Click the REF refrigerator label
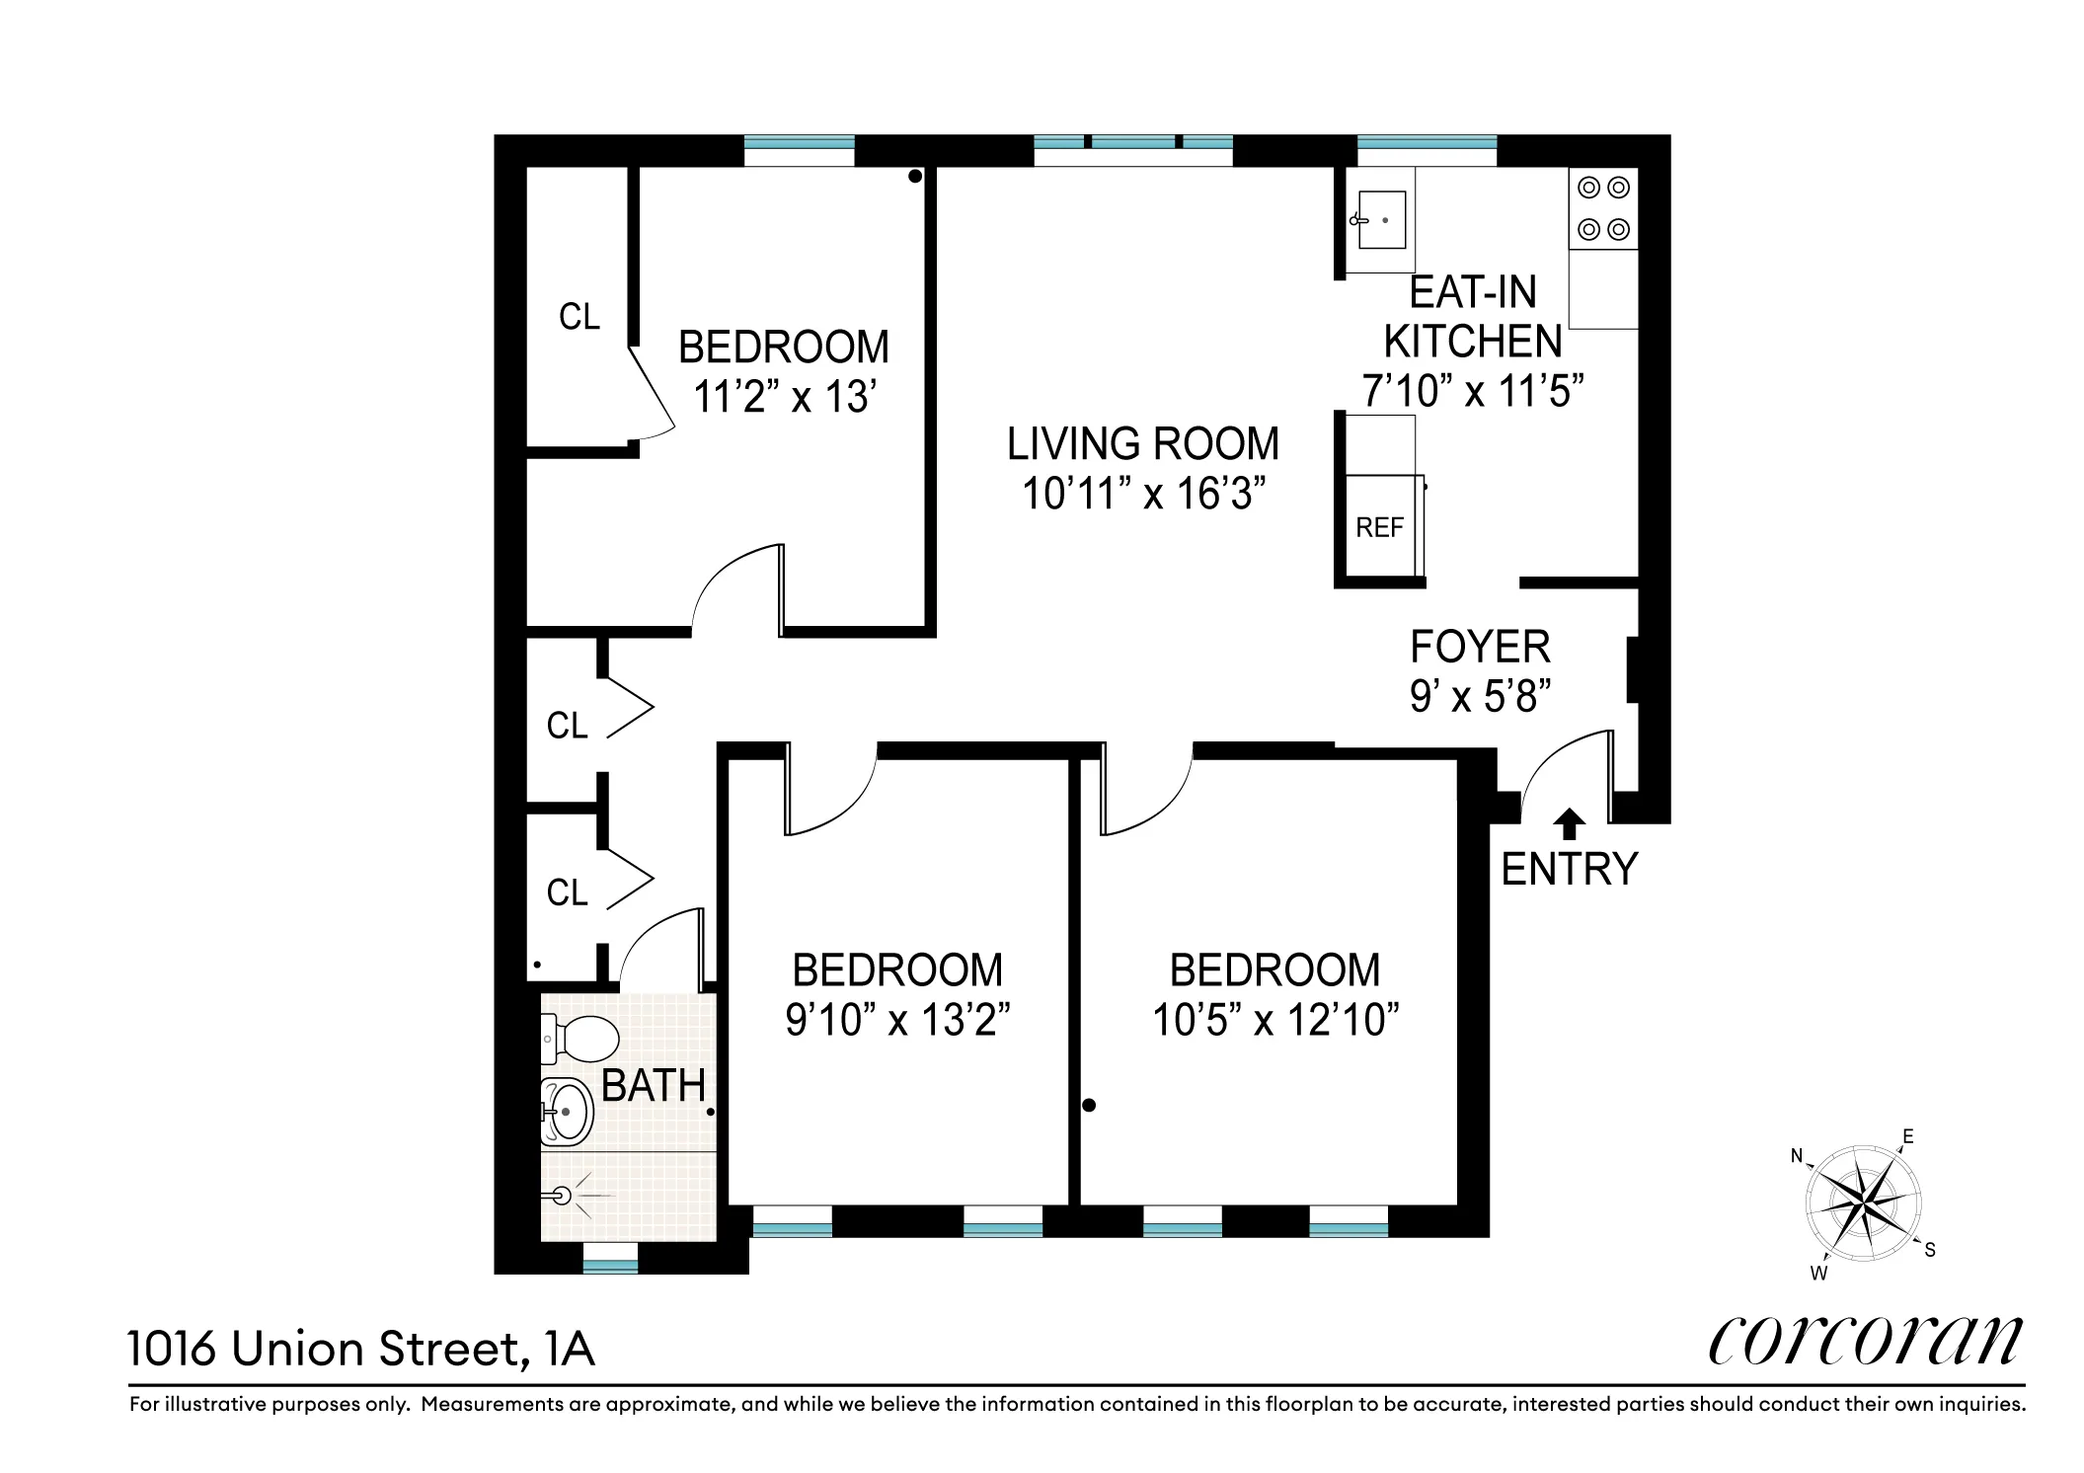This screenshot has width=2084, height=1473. tap(1379, 528)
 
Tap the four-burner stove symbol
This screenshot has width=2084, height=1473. tap(1603, 208)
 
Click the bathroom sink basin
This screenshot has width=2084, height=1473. tap(568, 1112)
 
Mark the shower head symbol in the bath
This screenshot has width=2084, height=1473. tap(562, 1196)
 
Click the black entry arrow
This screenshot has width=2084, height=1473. tap(1569, 823)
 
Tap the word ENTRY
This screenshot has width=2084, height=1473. tap(1569, 870)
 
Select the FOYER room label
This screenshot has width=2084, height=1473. tap(1480, 648)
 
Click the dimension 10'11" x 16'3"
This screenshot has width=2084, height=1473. tap(1143, 494)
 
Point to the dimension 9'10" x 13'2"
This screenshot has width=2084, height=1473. tap(897, 1020)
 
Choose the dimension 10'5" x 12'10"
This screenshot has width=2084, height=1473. tap(1275, 1020)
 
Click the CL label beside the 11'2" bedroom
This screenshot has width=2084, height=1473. tap(579, 317)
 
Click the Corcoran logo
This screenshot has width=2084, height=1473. tap(1865, 1342)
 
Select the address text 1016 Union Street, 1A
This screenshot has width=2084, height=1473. tap(361, 1349)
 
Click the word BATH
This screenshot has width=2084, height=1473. tap(654, 1086)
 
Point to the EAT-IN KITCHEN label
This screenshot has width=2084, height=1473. tap(1472, 317)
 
